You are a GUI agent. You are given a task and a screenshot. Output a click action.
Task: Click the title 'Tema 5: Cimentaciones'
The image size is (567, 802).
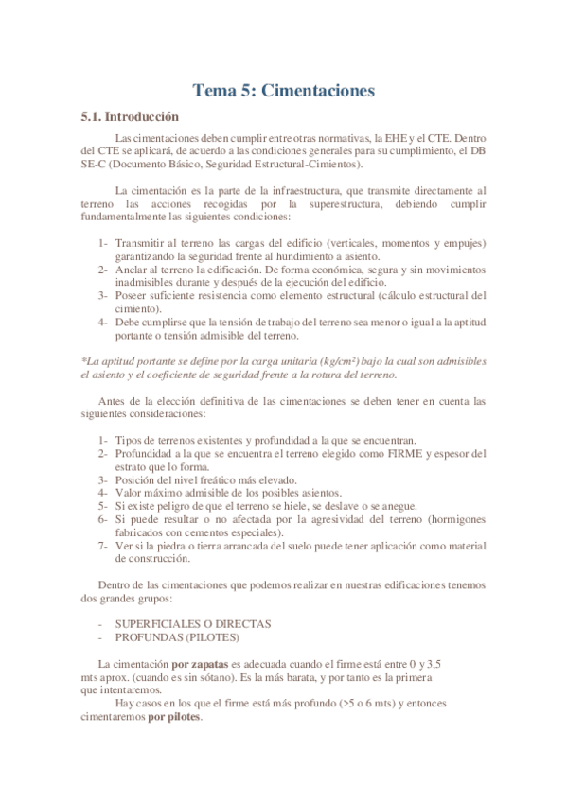click(284, 91)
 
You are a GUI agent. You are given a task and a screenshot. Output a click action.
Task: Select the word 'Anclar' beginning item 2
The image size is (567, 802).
click(132, 270)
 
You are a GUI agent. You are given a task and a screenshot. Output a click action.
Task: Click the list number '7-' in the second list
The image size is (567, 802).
click(103, 546)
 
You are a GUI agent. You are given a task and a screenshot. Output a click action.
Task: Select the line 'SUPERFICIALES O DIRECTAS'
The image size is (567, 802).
click(193, 624)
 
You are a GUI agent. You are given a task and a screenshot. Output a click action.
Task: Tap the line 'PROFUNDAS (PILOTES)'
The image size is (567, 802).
click(178, 637)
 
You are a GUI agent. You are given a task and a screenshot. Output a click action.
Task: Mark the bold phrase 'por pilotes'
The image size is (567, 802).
click(174, 717)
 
